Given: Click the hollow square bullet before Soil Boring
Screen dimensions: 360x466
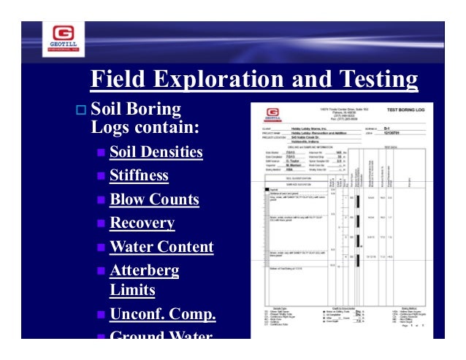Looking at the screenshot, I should coord(80,112).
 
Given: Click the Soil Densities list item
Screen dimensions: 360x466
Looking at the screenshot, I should coord(156,153).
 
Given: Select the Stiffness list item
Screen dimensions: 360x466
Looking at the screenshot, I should coord(139,176).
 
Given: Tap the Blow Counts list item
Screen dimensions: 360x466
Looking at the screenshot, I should coord(154,199).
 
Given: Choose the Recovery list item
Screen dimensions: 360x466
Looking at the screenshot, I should coord(142,223).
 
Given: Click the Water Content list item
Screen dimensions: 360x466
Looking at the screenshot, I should coord(161,247).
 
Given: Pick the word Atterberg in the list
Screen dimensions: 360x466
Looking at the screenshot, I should coord(144,271).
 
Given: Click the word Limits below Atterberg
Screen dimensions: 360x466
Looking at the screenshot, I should coord(132,290).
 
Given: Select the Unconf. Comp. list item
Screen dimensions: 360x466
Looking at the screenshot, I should coord(162,315).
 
